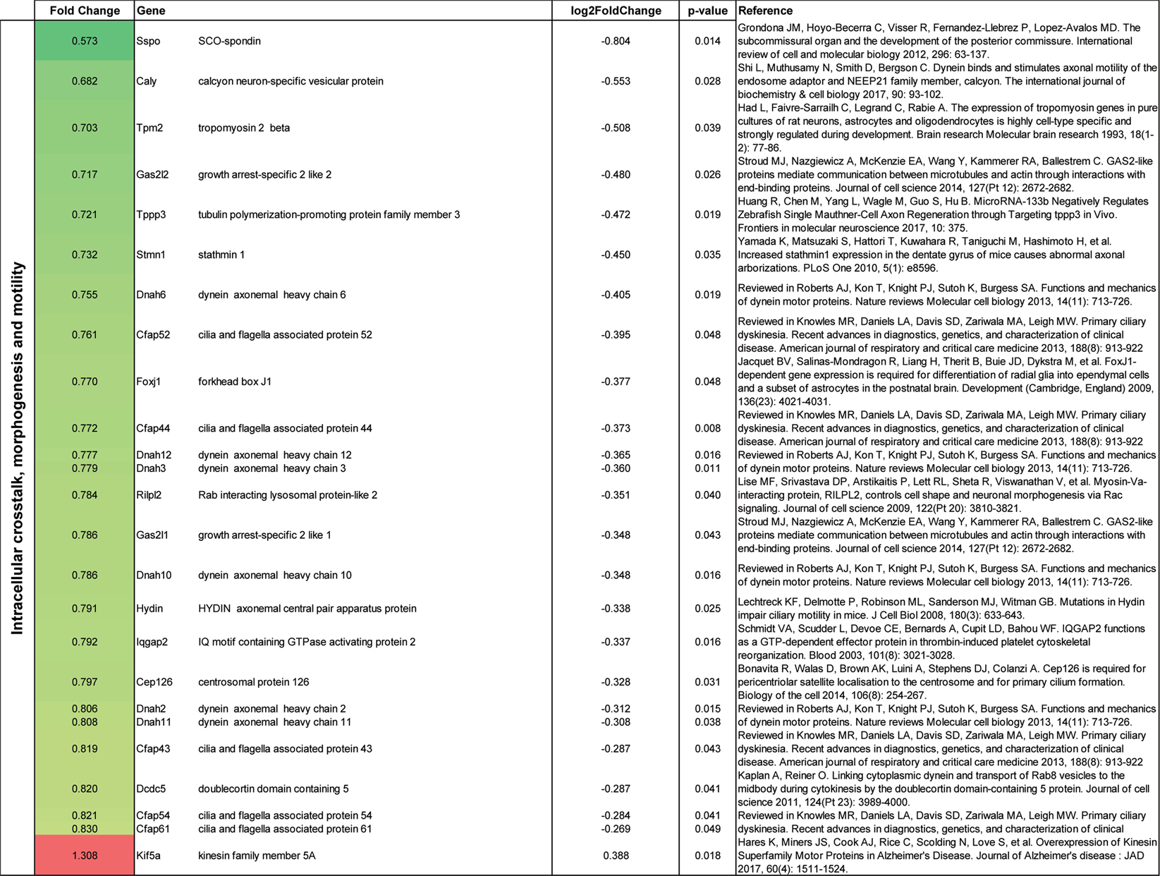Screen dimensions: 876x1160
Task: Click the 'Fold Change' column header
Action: coord(85,11)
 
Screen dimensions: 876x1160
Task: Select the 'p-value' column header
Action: coord(707,11)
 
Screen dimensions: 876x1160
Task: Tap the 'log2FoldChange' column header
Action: coord(616,11)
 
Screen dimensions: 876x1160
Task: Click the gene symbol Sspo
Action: coord(148,41)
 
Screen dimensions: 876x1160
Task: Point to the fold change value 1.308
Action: coord(85,856)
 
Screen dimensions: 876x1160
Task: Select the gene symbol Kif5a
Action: coord(149,856)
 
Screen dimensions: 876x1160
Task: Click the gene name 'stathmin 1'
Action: coord(221,255)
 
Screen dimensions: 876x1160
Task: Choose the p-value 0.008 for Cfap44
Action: coord(707,428)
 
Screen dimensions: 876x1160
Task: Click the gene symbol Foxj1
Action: coord(149,382)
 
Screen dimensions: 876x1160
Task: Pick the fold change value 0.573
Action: coord(85,41)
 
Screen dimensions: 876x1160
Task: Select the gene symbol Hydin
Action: coord(149,609)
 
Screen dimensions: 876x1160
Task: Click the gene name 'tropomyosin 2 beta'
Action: coord(244,128)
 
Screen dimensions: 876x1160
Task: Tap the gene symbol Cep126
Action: coord(154,682)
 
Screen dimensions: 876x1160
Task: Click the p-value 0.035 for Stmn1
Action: coord(707,255)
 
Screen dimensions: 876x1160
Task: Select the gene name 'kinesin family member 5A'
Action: coord(257,856)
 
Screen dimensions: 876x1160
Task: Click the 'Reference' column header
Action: coord(765,11)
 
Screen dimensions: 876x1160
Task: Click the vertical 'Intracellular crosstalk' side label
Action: coord(18,449)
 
